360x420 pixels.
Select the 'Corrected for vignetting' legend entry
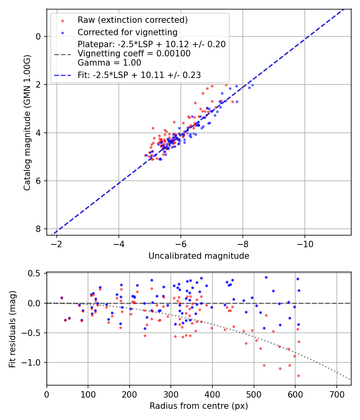point(127,32)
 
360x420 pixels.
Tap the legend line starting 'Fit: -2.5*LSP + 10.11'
point(139,75)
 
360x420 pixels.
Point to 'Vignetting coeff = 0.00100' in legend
point(134,54)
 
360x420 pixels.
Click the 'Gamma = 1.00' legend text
point(109,63)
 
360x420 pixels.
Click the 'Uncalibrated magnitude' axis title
point(199,256)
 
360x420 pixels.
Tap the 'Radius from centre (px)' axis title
point(199,406)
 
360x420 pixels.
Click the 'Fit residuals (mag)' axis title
point(13,329)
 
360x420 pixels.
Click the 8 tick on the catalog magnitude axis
point(38,229)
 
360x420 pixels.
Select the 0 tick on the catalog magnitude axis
point(38,36)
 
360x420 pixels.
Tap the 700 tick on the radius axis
point(336,394)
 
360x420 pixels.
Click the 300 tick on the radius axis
point(171,394)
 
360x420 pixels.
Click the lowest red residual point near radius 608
point(298,376)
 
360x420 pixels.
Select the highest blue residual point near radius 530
point(266,277)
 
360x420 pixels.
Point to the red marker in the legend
point(62,20)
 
